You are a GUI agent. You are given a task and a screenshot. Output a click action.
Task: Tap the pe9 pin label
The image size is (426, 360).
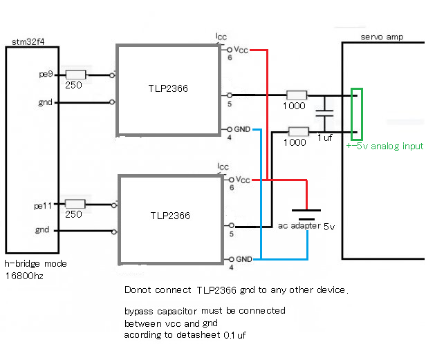(46, 73)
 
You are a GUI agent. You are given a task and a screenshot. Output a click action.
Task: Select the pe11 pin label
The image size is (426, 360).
(44, 205)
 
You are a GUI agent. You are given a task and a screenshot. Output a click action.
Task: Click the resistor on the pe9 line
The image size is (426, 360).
(75, 74)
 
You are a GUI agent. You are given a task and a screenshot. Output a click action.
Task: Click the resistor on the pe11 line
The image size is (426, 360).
(75, 205)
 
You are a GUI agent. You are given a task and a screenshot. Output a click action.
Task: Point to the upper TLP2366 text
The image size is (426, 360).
(167, 89)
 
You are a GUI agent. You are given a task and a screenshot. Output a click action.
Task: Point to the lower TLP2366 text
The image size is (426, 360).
(170, 216)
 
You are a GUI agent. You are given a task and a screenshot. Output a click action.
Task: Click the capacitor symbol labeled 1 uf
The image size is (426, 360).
(324, 113)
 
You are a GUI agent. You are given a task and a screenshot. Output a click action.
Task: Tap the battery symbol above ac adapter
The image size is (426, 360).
(305, 214)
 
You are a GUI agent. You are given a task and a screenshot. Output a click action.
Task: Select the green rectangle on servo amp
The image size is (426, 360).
(357, 113)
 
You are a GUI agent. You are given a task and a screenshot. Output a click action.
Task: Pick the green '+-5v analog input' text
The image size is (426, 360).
(385, 146)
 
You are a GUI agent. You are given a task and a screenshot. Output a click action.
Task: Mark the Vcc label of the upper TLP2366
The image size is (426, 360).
(241, 50)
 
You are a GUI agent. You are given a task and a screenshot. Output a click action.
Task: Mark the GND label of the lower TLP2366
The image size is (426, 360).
(243, 259)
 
